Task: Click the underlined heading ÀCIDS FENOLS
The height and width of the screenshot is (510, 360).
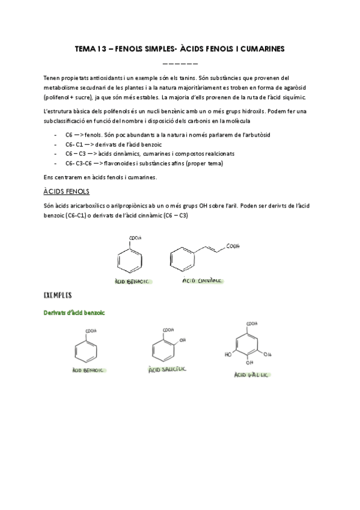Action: [66, 191]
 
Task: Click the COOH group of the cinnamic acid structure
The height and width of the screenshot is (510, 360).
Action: [234, 245]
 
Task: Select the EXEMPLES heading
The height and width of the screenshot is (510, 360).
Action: [58, 295]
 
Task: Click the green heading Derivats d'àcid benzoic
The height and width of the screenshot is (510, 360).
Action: [75, 313]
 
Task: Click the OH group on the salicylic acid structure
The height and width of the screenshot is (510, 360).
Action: [182, 340]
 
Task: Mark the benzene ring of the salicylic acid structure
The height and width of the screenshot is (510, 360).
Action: [160, 349]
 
